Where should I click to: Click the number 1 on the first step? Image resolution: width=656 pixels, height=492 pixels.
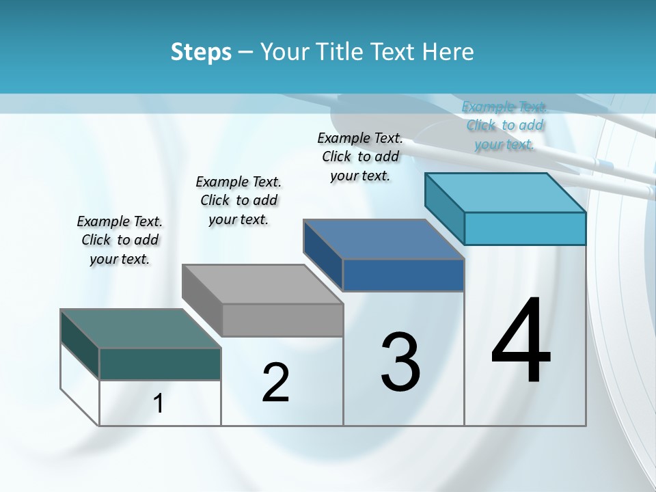159,404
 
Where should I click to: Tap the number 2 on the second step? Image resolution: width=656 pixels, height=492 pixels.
275,383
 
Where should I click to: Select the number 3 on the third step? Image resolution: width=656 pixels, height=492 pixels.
400,362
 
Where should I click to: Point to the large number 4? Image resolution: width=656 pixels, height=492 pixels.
521,342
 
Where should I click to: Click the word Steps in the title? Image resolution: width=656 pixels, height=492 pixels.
201,52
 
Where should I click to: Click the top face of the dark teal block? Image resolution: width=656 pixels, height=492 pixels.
140,329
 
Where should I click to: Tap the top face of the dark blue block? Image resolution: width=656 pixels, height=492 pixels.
383,239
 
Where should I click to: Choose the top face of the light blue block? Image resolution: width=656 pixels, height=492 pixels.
506,193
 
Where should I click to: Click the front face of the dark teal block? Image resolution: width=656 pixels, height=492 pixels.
160,364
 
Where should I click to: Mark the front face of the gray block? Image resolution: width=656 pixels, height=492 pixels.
282,320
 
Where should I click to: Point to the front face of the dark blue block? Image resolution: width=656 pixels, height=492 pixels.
403,275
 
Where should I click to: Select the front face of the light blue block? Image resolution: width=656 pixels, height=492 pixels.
525,228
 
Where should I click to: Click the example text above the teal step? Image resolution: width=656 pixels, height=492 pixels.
120,240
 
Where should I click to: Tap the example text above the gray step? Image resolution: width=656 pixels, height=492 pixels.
238,200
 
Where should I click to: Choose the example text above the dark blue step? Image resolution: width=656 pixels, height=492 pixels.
360,156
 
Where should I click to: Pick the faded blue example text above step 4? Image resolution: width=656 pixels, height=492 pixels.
504,125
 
